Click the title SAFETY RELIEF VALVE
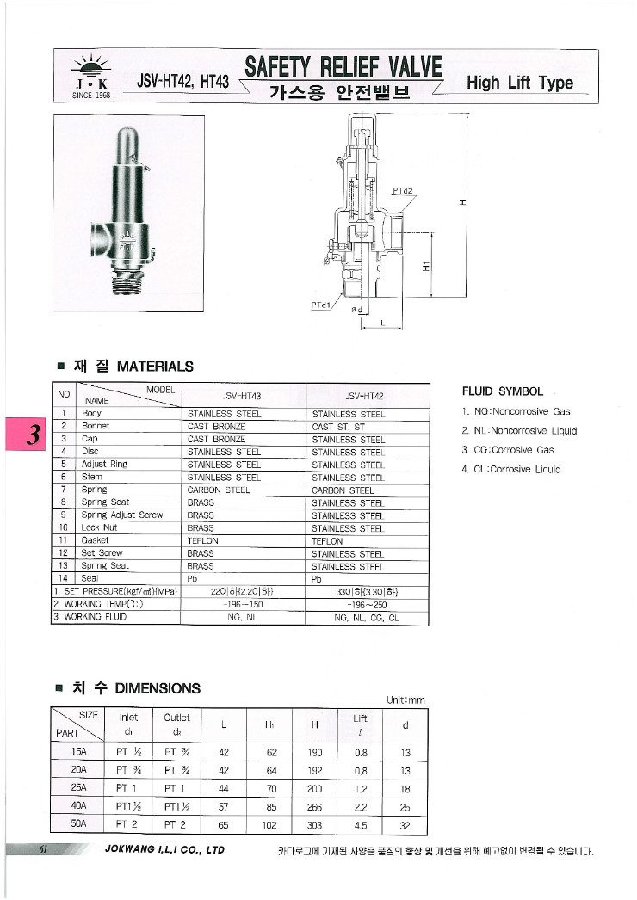point(343,67)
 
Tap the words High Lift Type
point(519,83)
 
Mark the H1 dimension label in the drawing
point(425,267)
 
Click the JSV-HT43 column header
point(242,397)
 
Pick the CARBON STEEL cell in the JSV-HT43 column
point(219,490)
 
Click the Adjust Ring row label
point(104,464)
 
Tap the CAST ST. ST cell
point(338,427)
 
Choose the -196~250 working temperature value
point(367,604)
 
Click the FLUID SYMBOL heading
point(503,391)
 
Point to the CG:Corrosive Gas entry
point(510,450)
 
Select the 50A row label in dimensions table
point(78,823)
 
